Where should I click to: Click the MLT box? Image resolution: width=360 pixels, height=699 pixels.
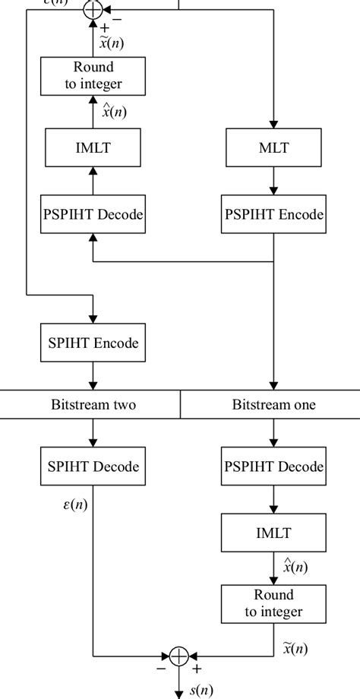[273, 148]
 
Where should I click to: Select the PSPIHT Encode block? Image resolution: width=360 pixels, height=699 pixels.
[273, 215]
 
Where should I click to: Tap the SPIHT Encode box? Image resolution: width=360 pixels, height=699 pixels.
[93, 343]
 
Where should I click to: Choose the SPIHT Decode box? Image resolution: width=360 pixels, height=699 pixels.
[93, 467]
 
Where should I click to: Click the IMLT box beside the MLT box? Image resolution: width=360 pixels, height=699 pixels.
[93, 148]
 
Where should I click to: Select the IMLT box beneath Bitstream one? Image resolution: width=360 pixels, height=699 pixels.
[273, 533]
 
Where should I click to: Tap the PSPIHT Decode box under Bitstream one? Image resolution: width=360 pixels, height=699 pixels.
[273, 467]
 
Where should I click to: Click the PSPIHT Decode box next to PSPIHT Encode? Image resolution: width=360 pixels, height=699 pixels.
[93, 215]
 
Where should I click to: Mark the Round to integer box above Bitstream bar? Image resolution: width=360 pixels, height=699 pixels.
[93, 75]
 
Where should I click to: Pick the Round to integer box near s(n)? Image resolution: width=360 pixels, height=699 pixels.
[273, 603]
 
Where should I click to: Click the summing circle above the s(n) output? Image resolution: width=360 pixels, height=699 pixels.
[179, 655]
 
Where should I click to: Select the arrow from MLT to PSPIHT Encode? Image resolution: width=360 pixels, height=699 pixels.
[273, 182]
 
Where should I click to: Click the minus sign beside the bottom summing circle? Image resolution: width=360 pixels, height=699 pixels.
[161, 669]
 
